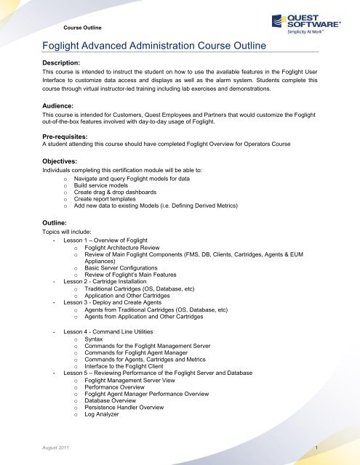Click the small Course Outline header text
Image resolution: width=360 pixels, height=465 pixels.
[x=81, y=27]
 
